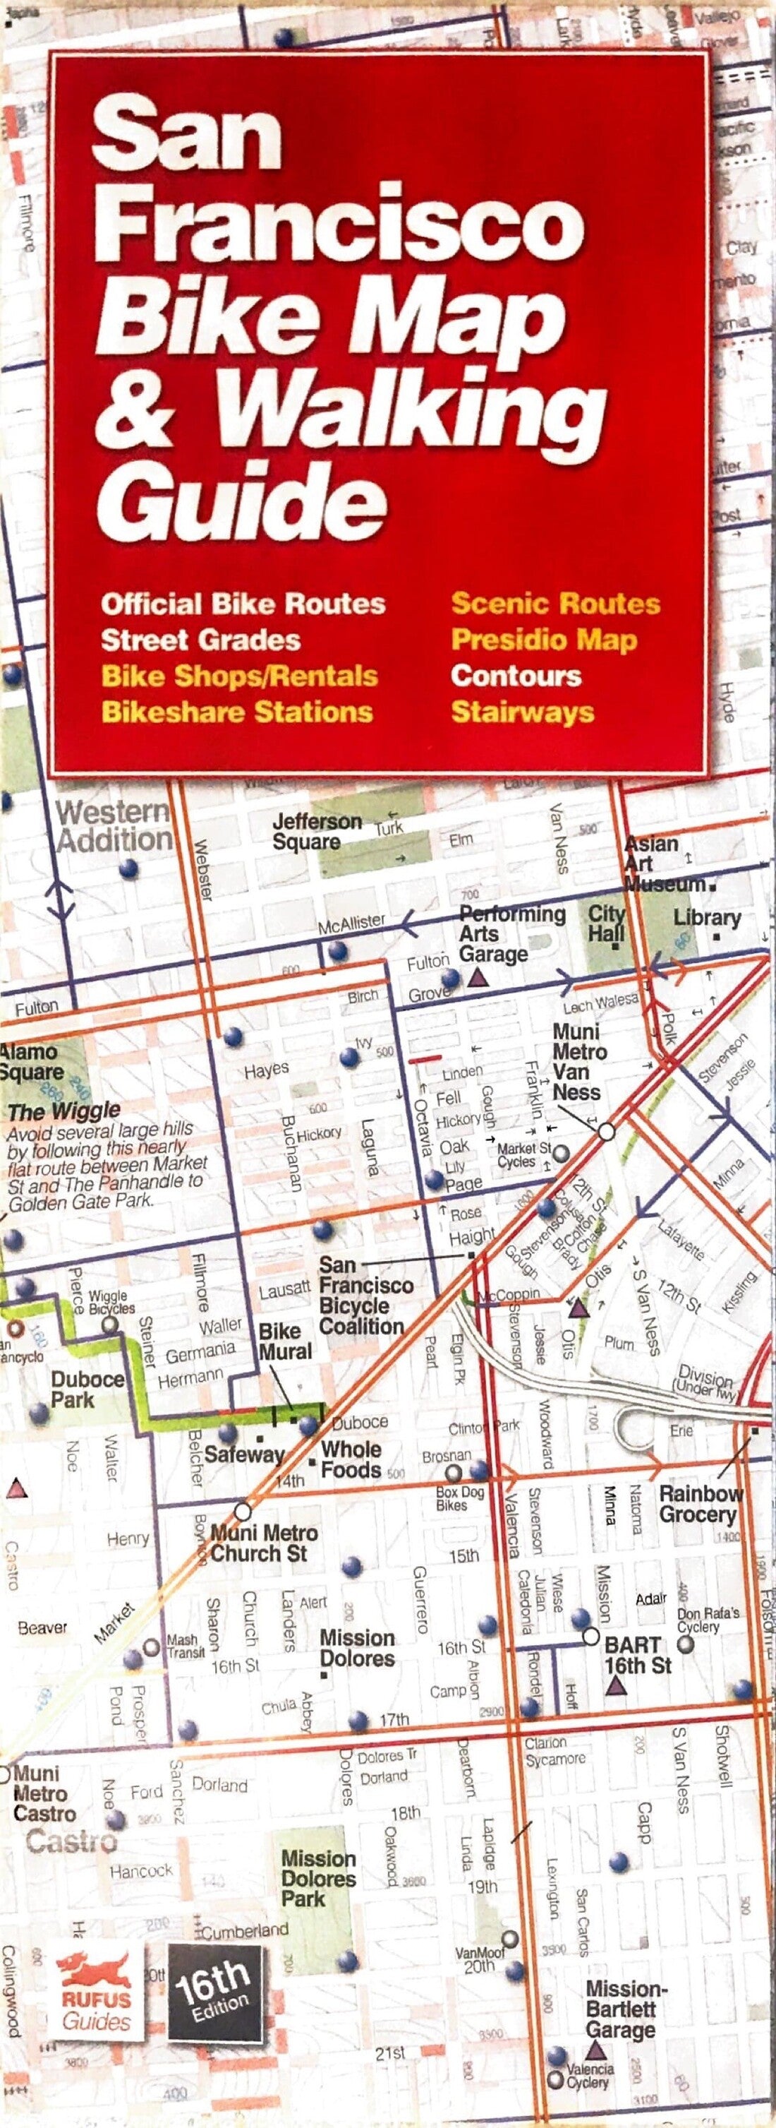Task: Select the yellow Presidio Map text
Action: coord(544,640)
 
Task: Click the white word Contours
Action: coord(516,676)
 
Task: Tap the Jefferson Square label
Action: coord(316,832)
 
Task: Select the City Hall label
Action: coord(606,923)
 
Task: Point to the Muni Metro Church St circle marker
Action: coord(243,1511)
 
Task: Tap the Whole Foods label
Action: coord(351,1459)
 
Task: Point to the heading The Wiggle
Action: coord(64,1111)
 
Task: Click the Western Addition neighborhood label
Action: coord(113,825)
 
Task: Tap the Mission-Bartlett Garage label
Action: coord(625,2010)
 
